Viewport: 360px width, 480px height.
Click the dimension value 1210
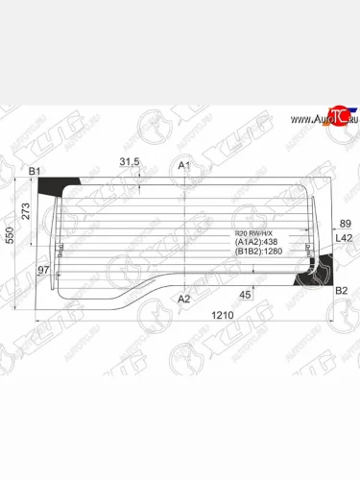click(x=197, y=316)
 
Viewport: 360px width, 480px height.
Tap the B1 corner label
click(x=36, y=172)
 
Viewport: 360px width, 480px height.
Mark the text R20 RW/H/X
click(x=254, y=233)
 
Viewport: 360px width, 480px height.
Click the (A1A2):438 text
click(x=253, y=244)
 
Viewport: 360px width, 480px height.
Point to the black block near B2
click(x=315, y=276)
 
